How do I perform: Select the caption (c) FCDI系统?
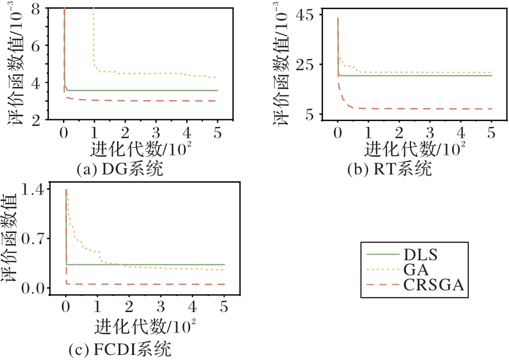119,350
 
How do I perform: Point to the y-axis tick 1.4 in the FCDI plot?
36,190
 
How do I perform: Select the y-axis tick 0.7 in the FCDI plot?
36,239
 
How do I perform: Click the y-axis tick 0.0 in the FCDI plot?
36,288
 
